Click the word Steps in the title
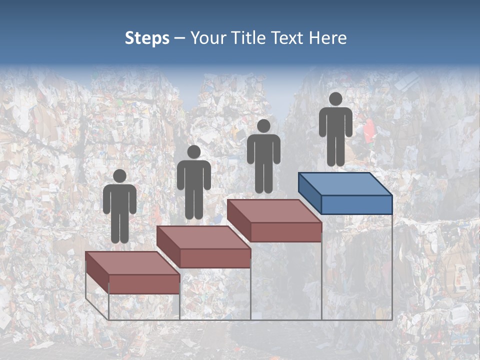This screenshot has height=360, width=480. (147, 38)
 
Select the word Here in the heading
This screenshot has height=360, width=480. (328, 38)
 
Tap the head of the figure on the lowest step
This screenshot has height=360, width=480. (119, 176)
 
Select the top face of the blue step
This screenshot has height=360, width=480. (345, 184)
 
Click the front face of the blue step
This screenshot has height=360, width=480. (356, 204)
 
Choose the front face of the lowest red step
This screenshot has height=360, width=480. (144, 284)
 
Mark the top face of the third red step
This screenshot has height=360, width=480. (274, 211)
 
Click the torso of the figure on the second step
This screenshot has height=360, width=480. (193, 175)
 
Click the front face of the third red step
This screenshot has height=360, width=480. (285, 232)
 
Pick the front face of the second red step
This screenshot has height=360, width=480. (215, 258)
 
